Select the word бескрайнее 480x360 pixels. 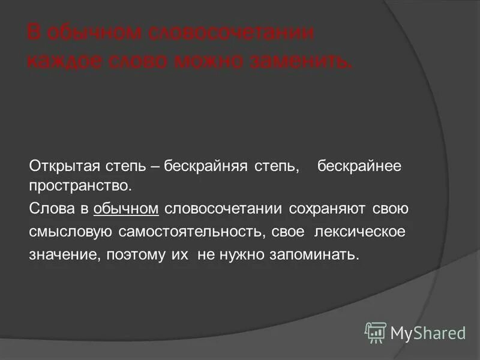pyautogui.click(x=359, y=164)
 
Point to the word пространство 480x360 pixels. pyautogui.click(x=80, y=185)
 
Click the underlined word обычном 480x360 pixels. pyautogui.click(x=126, y=209)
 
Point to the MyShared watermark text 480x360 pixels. pyautogui.click(x=428, y=332)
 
